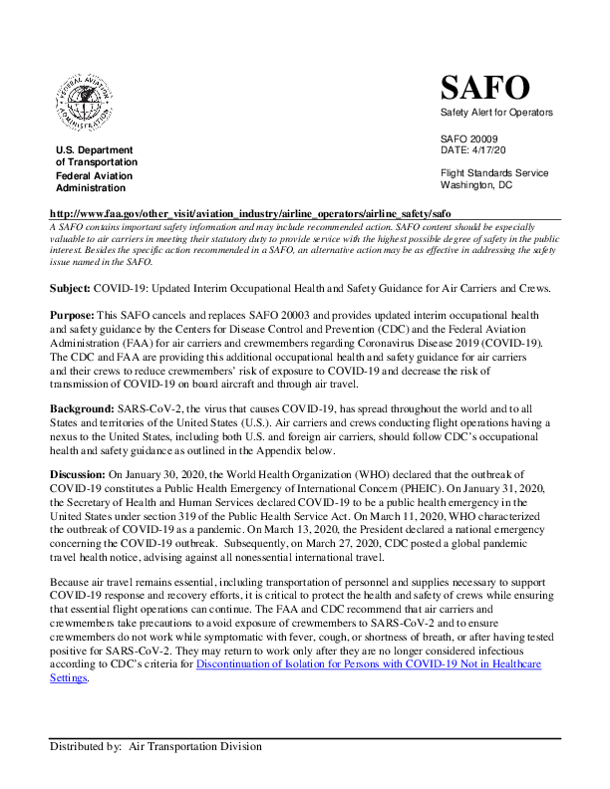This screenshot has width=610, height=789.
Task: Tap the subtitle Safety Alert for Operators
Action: click(x=495, y=113)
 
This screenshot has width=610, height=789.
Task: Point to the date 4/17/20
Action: click(x=496, y=150)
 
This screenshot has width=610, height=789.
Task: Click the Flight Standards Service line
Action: click(x=494, y=173)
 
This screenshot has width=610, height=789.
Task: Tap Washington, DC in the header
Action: click(x=476, y=185)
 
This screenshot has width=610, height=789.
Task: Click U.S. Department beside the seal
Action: click(x=94, y=150)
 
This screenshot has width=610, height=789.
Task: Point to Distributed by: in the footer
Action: click(x=86, y=745)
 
